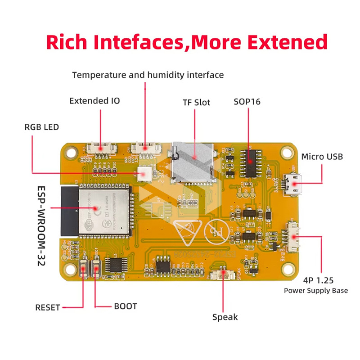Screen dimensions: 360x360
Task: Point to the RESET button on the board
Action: click(84, 270)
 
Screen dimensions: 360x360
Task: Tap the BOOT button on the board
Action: click(96, 270)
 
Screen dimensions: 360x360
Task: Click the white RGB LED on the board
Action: click(145, 173)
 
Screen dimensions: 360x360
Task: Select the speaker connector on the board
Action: click(224, 274)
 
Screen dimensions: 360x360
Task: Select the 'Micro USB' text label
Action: click(322, 157)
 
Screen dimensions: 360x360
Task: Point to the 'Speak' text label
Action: click(225, 317)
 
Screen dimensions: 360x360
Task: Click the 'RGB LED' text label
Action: click(41, 127)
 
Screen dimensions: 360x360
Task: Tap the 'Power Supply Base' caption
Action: click(315, 290)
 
